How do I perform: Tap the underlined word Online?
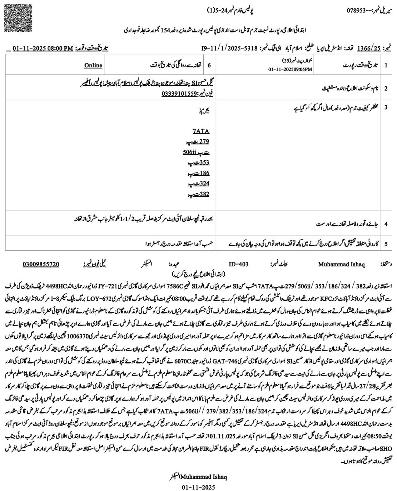point(93,65)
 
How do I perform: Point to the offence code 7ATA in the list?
point(201,131)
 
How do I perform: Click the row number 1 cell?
point(386,65)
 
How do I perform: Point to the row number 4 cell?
point(386,223)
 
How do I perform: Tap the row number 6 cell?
point(209,65)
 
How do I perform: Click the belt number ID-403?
point(239,264)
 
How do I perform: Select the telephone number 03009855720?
point(41,264)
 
